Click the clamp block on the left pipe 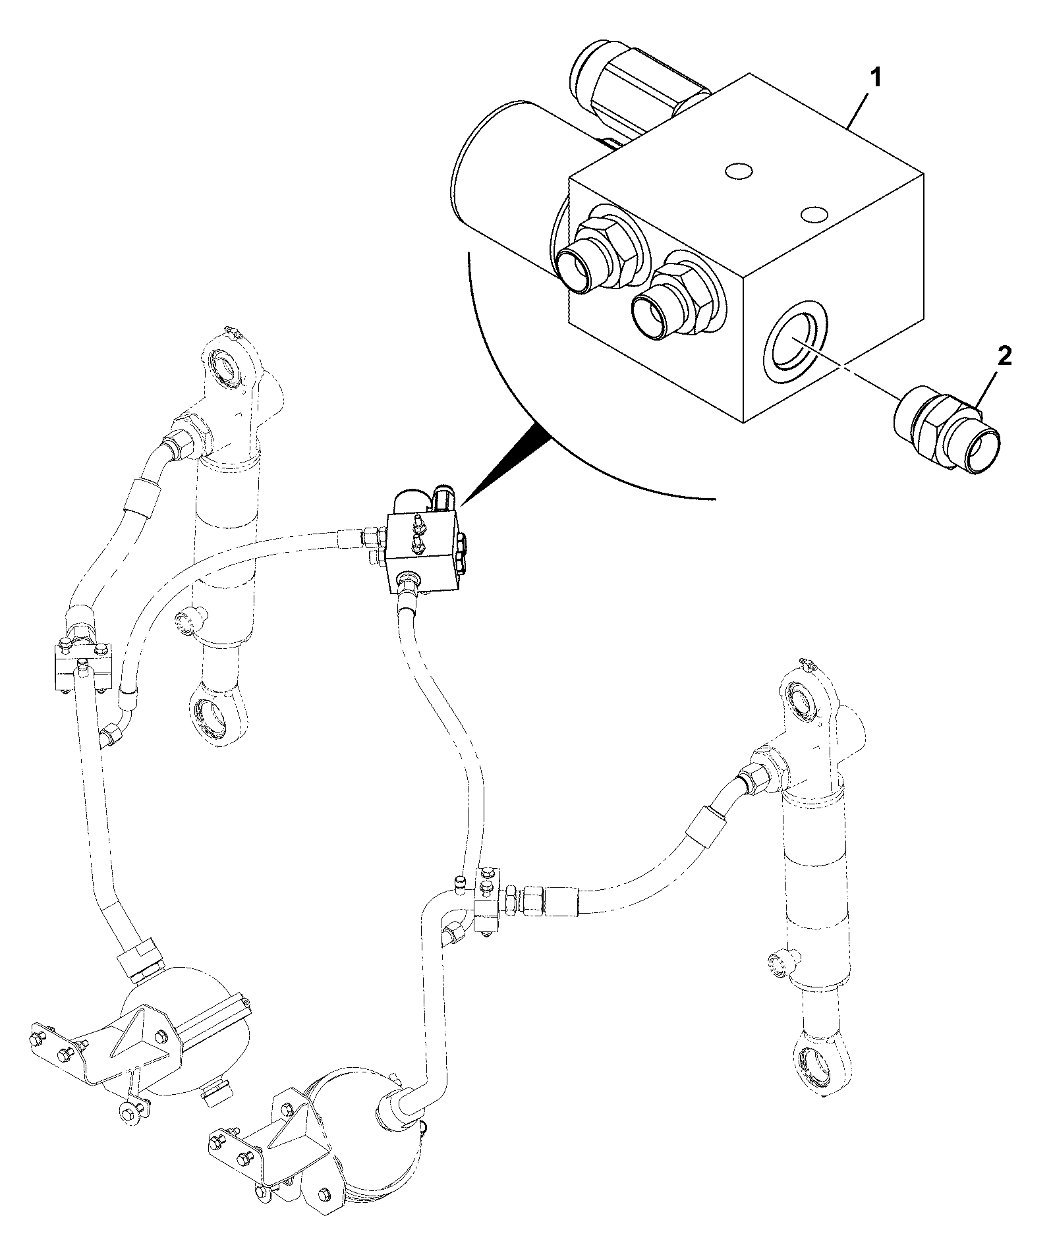84,662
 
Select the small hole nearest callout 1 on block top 737,173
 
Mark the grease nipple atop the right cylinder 807,665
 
